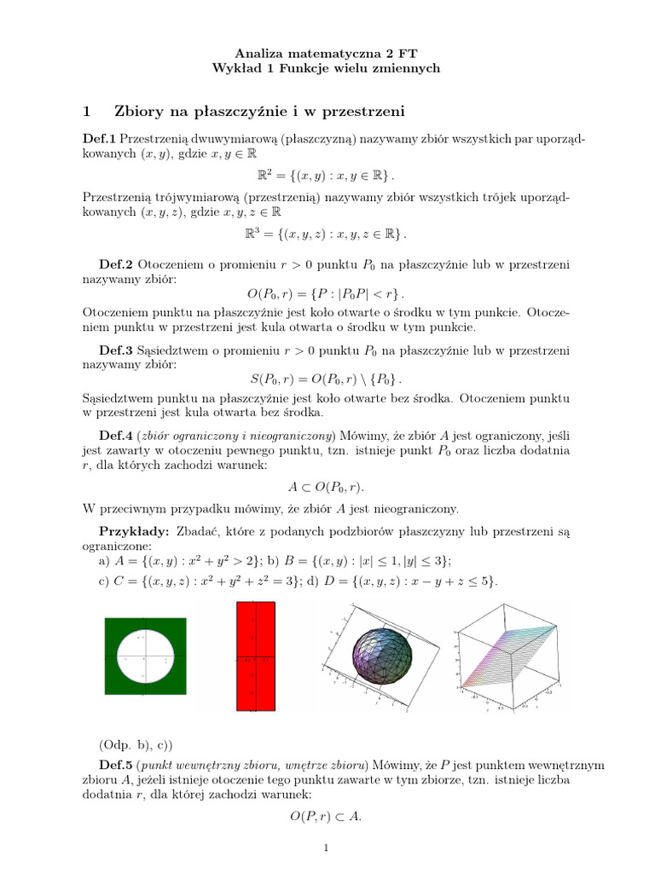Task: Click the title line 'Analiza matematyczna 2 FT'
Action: (x=327, y=53)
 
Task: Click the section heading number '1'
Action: (x=86, y=111)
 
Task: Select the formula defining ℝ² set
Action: (x=327, y=175)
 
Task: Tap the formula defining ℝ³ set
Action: (x=327, y=234)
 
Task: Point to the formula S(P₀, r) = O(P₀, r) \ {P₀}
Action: (x=327, y=378)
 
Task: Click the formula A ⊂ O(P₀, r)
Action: (x=327, y=487)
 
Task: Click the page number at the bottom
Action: (x=326, y=848)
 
